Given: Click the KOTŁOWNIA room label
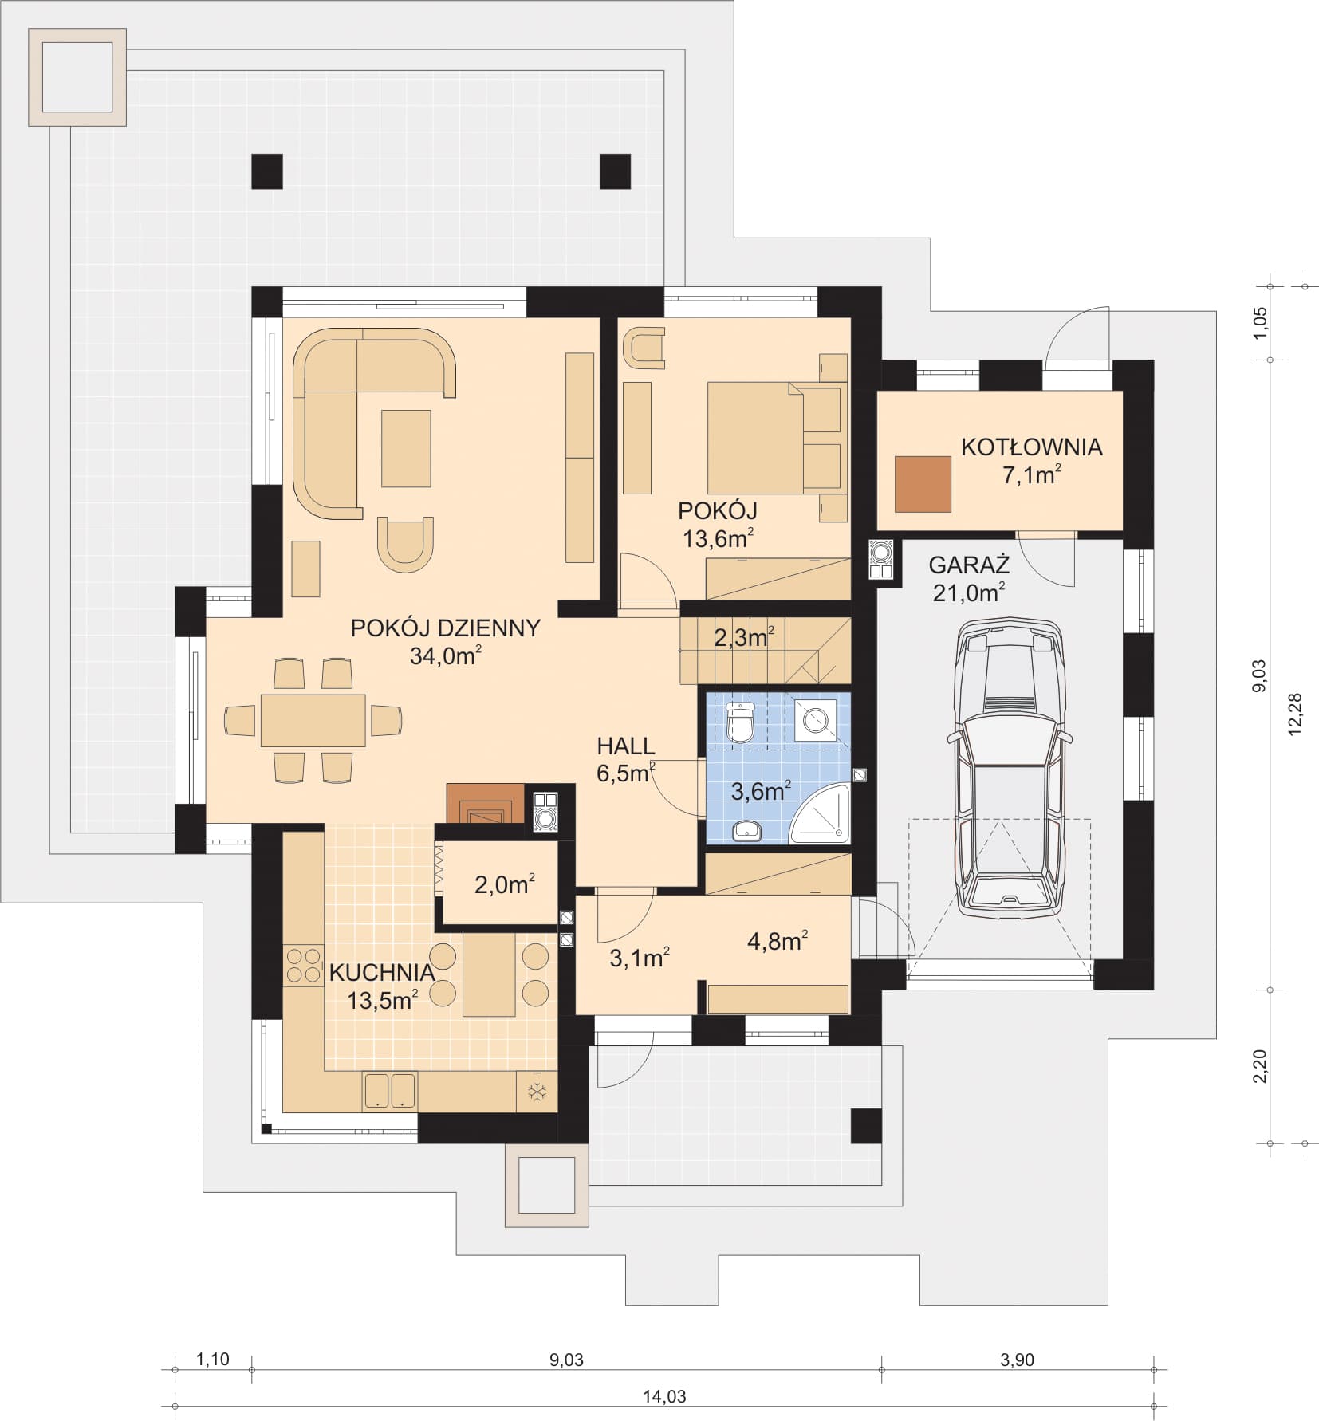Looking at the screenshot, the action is (x=1031, y=447).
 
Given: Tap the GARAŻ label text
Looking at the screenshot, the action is (x=969, y=565).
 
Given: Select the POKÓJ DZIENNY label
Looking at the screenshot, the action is (x=445, y=628).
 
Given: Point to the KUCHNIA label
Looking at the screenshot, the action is (x=382, y=972).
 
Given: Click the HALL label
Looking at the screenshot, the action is (x=626, y=746).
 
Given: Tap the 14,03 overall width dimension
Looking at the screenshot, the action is (x=664, y=1396).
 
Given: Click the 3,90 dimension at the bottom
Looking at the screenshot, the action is (x=1017, y=1360).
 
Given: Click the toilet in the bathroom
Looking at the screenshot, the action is (x=742, y=722).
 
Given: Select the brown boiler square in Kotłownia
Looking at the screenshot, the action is (x=923, y=484).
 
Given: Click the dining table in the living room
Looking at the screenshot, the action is (x=313, y=720).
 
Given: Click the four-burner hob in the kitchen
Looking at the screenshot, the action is (x=303, y=965).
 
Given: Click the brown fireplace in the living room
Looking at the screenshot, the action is (x=484, y=804).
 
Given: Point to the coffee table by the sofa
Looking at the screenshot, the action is (x=406, y=448).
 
